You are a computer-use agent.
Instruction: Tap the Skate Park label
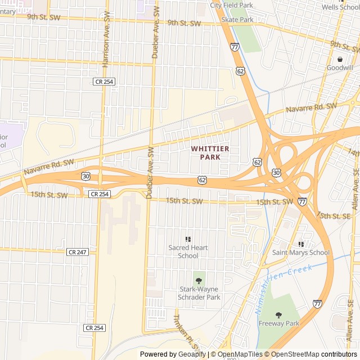(x=237, y=19)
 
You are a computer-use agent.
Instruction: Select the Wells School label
(x=340, y=7)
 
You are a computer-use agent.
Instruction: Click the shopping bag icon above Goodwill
(x=340, y=59)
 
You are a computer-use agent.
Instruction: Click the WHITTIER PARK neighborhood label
(x=210, y=152)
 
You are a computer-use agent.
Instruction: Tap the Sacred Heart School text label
(x=188, y=251)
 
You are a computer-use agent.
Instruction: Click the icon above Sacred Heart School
(x=188, y=239)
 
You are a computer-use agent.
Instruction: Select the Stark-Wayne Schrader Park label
(x=199, y=293)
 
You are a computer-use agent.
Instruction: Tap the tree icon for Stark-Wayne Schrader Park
(x=198, y=279)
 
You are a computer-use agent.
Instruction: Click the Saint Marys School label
(x=301, y=253)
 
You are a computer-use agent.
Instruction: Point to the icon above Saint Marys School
(x=301, y=244)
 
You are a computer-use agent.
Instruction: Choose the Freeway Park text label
(x=279, y=323)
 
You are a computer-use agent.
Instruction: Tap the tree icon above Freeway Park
(x=278, y=314)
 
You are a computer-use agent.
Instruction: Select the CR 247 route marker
(x=78, y=252)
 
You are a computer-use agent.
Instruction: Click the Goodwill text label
(x=340, y=67)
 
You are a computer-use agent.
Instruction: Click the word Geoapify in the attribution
(x=193, y=354)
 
